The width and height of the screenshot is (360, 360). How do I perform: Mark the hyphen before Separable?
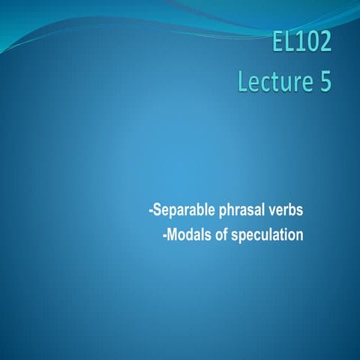click(151, 208)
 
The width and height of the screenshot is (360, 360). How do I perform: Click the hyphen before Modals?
click(165, 235)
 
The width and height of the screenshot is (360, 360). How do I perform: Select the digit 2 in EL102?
click(323, 43)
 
